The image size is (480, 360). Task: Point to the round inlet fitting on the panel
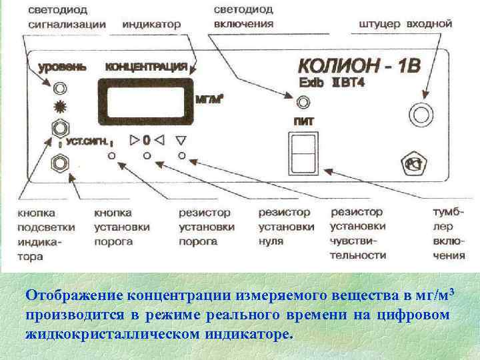coord(421,114)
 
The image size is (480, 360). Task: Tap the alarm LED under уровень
coord(61,88)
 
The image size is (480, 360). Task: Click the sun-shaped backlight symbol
coord(60,107)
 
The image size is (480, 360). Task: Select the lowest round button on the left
coord(60,161)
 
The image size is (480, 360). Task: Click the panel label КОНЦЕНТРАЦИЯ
coord(145,67)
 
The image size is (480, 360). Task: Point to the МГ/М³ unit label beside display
coord(209,99)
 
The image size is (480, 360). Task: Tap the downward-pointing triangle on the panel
coord(181,141)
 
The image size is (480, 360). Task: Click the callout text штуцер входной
coord(405,24)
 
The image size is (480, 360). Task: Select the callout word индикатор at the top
coord(152,24)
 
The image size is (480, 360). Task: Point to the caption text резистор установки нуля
coord(285,227)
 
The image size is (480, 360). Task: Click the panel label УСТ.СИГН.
coord(85,141)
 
